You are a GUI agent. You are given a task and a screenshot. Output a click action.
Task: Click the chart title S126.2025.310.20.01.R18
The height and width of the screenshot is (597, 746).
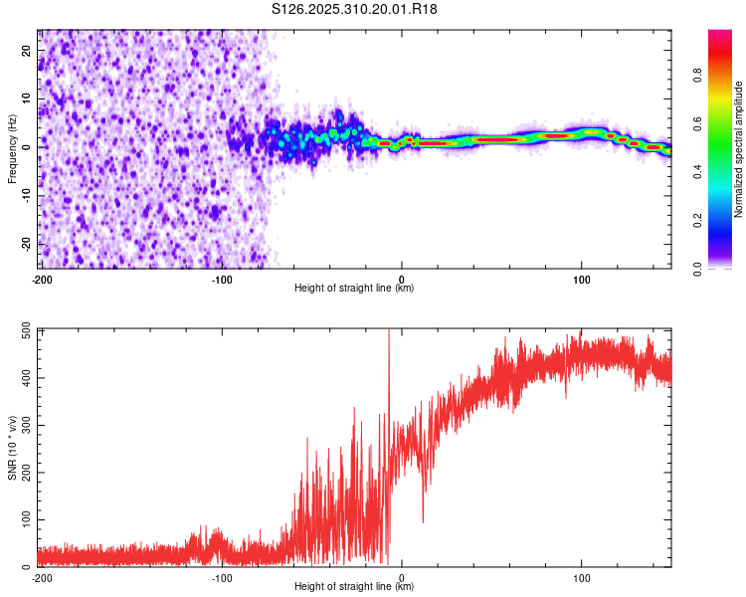[x=355, y=9]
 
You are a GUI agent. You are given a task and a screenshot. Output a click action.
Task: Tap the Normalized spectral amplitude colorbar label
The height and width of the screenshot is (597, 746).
[x=738, y=150]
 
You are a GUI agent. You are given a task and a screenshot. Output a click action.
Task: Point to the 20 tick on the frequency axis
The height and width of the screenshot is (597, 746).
[x=28, y=51]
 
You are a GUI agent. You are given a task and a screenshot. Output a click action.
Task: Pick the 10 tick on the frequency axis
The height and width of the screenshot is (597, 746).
[x=28, y=99]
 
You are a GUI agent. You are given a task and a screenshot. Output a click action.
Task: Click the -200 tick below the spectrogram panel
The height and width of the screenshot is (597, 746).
[x=41, y=278]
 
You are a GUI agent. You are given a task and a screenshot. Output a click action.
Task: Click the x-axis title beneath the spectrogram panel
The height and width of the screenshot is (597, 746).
[x=354, y=289]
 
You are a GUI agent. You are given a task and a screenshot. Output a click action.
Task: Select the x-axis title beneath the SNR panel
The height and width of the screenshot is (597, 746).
[x=354, y=588]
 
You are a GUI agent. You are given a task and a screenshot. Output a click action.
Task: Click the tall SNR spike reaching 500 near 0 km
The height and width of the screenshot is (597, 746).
[x=389, y=338]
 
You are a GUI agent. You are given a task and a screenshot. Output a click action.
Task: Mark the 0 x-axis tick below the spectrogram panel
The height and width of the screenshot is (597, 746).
[x=402, y=278]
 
